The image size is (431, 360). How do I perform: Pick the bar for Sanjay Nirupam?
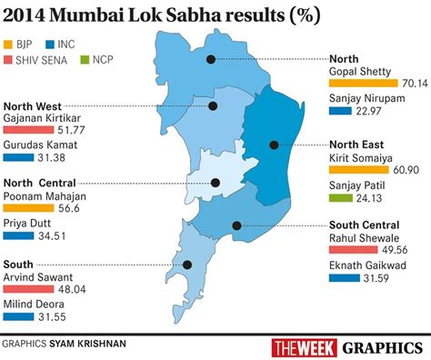click(340, 110)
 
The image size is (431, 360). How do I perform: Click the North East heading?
click(356, 144)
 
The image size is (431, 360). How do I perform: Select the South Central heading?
click(363, 225)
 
